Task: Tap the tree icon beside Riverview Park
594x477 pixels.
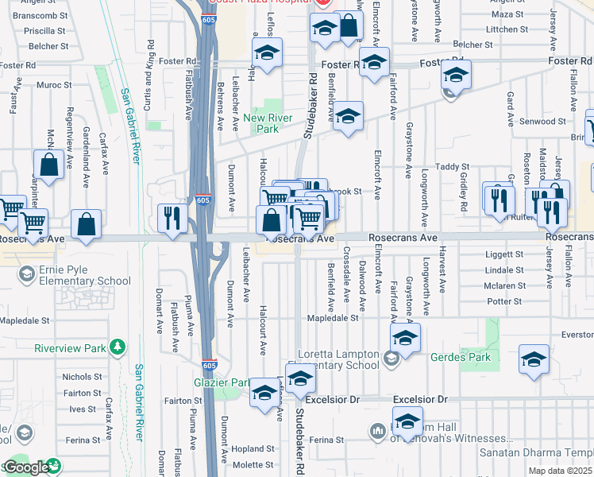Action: tap(118, 347)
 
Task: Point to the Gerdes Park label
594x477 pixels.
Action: tap(461, 357)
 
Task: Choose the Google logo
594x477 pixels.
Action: tap(26, 467)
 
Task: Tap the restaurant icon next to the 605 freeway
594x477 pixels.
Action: tap(172, 219)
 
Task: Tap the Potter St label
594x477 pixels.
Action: tap(504, 301)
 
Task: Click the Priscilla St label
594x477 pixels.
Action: tap(44, 31)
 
